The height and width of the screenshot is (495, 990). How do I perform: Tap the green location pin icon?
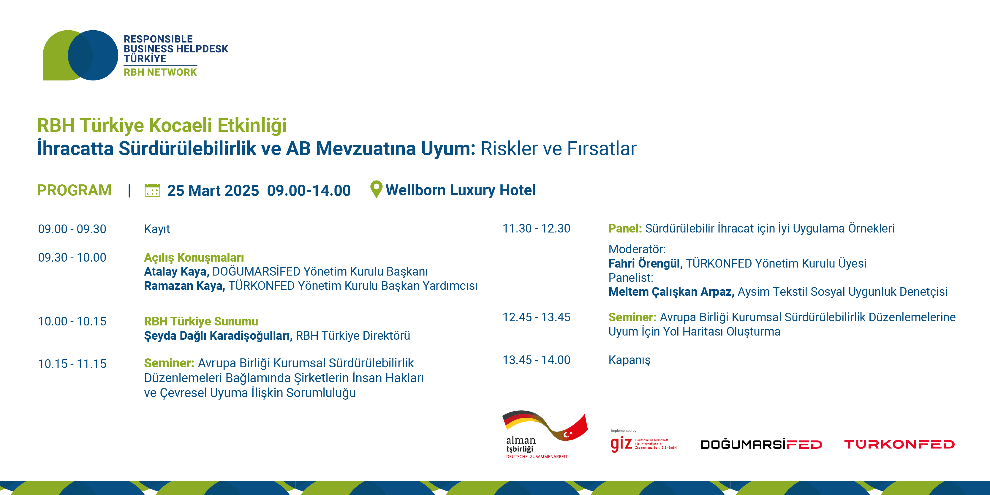pos(376,189)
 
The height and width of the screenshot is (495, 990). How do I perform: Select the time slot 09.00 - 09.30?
pos(72,229)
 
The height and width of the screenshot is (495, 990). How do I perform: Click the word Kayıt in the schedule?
pos(157,229)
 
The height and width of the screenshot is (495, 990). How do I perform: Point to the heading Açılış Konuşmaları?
pos(194,257)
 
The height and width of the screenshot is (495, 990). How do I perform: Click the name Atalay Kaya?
pos(176,272)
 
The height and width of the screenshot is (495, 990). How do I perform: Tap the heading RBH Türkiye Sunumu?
pos(201,321)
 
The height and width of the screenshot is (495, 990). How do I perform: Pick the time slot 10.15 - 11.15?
pos(72,364)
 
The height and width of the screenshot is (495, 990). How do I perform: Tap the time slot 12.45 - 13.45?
pos(537,317)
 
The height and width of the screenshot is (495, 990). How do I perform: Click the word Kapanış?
pos(630,360)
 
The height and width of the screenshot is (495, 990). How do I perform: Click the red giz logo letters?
pos(621,444)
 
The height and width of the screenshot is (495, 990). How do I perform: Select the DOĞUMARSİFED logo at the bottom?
pos(761,444)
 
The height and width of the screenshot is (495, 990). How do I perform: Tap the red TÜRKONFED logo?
pos(899,444)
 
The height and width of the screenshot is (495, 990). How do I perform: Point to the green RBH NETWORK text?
pos(160,72)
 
